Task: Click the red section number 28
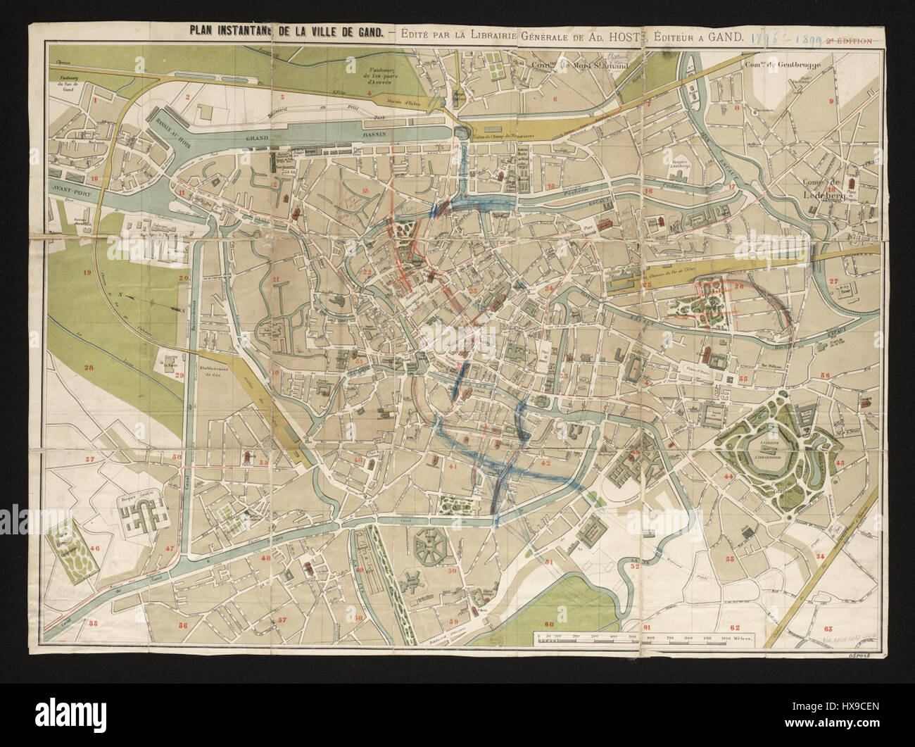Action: click(89, 367)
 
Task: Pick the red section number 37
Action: click(90, 460)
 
